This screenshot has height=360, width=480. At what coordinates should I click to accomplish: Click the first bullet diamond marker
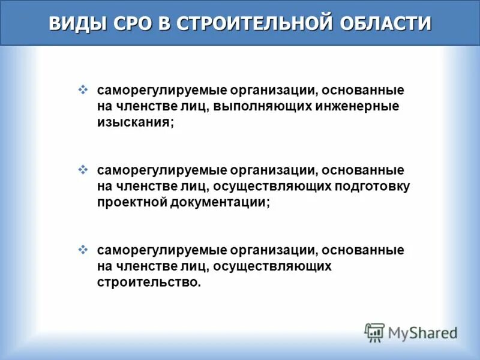click(83, 90)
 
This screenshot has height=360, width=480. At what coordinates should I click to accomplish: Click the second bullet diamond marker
click(83, 170)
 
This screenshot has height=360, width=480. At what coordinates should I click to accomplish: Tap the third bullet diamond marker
click(83, 248)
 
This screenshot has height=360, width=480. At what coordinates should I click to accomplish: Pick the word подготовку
click(372, 186)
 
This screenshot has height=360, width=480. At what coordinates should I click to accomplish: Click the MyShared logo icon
click(374, 331)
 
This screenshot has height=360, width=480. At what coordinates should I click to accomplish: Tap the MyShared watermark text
click(423, 332)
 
